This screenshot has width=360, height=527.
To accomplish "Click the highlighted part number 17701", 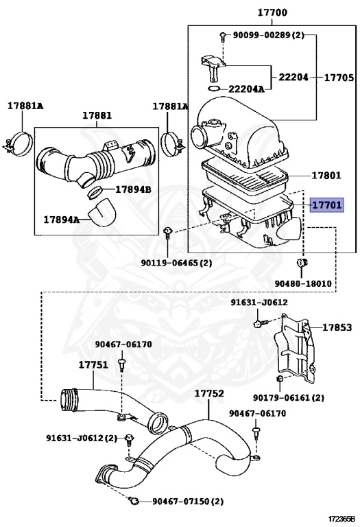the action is click(x=326, y=204).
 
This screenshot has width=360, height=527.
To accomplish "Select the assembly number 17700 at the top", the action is click(x=272, y=13).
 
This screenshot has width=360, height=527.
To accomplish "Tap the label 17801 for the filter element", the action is click(x=326, y=175).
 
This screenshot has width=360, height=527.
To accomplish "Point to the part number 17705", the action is click(x=339, y=78).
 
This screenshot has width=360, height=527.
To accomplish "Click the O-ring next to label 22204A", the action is click(x=214, y=89).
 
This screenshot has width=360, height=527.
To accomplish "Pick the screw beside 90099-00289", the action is click(x=223, y=36).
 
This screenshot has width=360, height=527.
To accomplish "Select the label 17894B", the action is click(x=133, y=189).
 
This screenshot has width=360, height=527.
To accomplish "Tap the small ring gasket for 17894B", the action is click(x=95, y=191).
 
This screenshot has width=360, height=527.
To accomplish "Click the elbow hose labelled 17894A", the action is click(x=102, y=213).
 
